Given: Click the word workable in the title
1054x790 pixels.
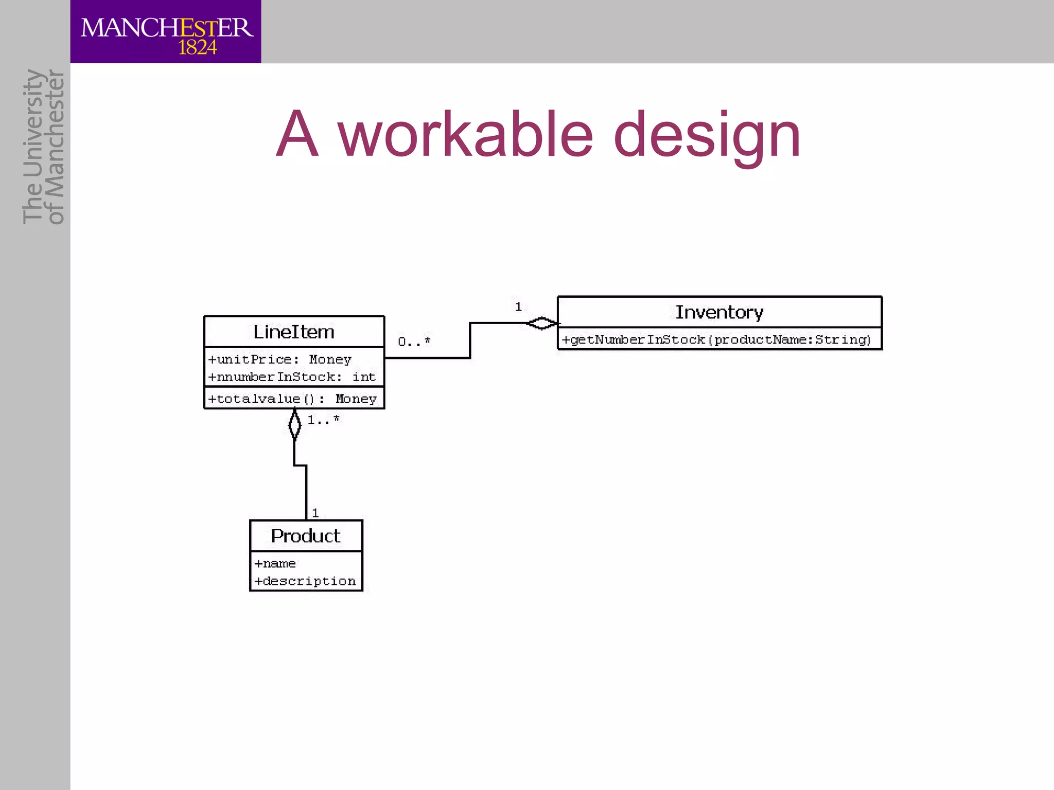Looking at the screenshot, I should point(465,135).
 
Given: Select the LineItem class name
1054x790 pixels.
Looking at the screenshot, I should point(294,332).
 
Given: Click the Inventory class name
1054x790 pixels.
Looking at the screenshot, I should point(719,312).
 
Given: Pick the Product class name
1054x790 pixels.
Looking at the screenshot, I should point(306,536).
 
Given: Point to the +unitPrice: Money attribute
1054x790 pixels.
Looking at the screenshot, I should point(280,360).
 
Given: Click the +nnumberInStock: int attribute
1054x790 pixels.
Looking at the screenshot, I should point(292,377).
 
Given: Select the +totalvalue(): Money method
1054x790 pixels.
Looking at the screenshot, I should point(292,399).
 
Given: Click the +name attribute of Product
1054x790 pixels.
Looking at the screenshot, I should point(275,564).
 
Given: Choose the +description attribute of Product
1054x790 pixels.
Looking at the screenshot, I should point(305,581).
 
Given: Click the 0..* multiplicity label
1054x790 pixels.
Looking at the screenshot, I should point(414,342).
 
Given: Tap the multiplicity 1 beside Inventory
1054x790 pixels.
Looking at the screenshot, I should point(519,307).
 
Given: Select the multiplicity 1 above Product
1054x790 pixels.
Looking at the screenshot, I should point(315,513).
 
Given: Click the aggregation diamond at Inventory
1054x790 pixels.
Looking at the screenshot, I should point(542,324).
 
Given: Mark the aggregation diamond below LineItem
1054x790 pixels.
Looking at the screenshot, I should point(294,425).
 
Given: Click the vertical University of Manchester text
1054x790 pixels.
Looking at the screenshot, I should point(44,147).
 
